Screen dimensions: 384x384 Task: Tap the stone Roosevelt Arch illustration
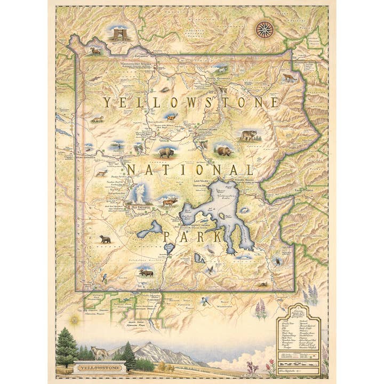click(x=119, y=34)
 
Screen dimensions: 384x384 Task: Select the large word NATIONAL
click(x=190, y=170)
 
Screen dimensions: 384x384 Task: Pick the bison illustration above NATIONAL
click(x=166, y=153)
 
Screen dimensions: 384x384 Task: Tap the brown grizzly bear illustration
click(x=225, y=151)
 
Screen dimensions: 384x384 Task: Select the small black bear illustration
click(x=105, y=239)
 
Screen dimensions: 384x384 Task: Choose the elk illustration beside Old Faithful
click(x=169, y=202)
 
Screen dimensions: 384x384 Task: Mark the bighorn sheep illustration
click(x=95, y=51)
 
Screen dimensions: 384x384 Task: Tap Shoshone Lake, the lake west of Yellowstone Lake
click(x=149, y=229)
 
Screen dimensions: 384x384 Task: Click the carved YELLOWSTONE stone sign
click(x=99, y=367)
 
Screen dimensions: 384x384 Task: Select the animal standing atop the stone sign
click(x=99, y=353)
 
